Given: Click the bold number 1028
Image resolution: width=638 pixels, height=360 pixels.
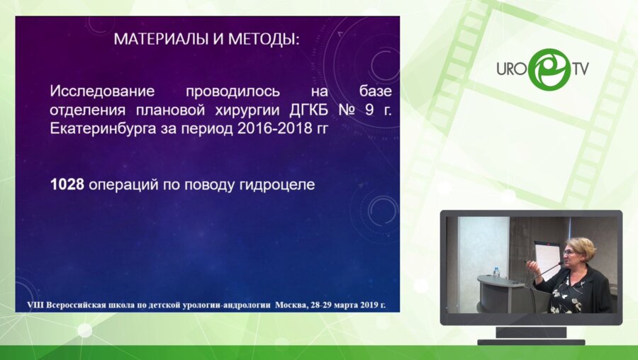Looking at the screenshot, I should [x=67, y=185].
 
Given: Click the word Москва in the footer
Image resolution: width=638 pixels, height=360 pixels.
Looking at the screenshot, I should [x=290, y=304].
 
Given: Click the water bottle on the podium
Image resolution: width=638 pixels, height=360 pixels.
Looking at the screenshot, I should [x=496, y=272].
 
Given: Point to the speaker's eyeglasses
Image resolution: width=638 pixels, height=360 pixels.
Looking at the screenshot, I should [x=570, y=253].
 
